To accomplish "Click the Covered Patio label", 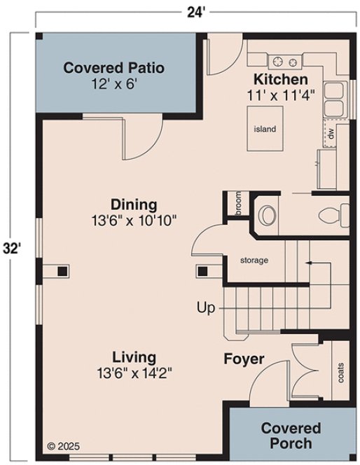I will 113,68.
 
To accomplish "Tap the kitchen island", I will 265,129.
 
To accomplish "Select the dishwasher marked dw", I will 328,132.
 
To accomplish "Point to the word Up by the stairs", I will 205,307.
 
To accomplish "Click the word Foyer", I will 244,359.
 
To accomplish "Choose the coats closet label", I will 341,373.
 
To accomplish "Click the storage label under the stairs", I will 254,261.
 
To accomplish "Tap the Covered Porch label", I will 291,435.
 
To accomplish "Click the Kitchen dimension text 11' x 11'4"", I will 281,92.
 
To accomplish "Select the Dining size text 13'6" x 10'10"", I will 133,219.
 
